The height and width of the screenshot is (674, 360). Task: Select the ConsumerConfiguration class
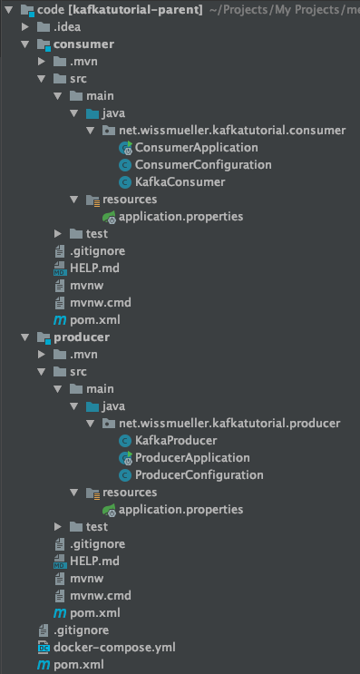[202, 164]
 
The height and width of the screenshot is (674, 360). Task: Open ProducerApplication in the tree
[191, 457]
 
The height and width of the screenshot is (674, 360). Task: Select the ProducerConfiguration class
[199, 474]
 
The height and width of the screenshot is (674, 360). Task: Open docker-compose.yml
[114, 647]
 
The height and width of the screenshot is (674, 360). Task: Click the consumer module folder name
[84, 44]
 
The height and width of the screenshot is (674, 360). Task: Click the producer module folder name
[82, 337]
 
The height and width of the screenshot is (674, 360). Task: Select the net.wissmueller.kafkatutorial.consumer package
[230, 130]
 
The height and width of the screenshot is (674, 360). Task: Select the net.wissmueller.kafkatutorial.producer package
[228, 423]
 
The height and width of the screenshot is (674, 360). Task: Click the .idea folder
[66, 26]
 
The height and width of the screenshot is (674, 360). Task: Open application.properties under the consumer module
[180, 216]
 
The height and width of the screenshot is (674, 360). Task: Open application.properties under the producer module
[180, 509]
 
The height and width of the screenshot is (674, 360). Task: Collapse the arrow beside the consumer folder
[25, 44]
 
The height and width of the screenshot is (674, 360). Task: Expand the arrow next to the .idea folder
[25, 26]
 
